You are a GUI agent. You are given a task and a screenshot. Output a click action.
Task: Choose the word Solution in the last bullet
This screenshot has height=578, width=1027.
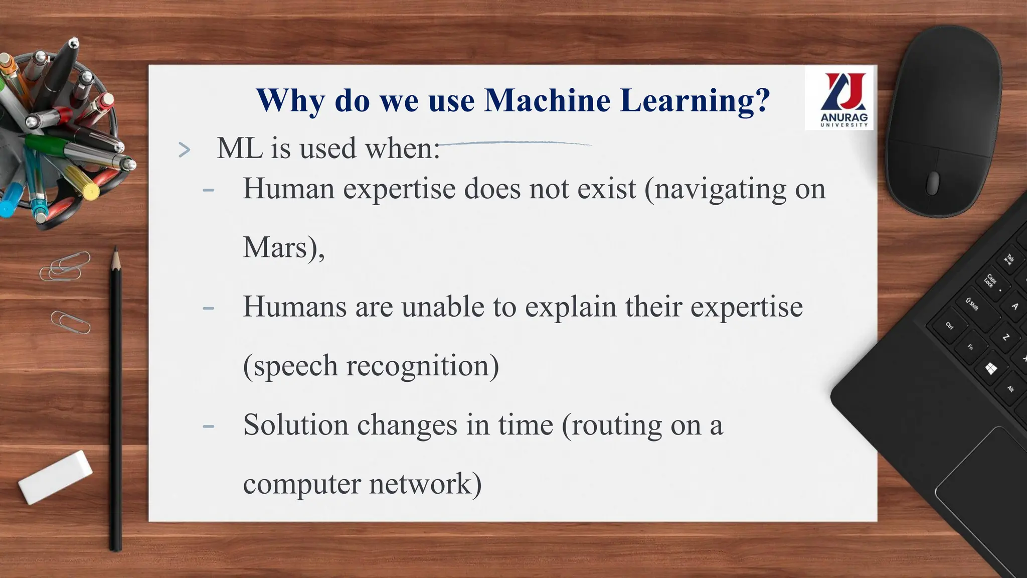pos(295,425)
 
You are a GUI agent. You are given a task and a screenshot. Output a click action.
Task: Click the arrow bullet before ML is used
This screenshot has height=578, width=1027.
pos(185,150)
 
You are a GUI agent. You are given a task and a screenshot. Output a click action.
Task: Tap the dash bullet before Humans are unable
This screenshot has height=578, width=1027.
pos(208,308)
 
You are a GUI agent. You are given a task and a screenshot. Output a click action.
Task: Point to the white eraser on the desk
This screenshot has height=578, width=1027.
pos(55,477)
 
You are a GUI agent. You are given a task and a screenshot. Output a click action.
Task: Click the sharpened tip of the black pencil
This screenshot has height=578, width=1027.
pos(115,253)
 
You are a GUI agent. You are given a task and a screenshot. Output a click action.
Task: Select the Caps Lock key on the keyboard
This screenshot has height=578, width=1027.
pos(990,280)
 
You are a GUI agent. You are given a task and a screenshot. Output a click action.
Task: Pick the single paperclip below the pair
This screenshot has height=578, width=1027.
pos(70,322)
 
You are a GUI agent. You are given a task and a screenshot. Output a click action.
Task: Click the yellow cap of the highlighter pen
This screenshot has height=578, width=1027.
pos(90,191)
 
